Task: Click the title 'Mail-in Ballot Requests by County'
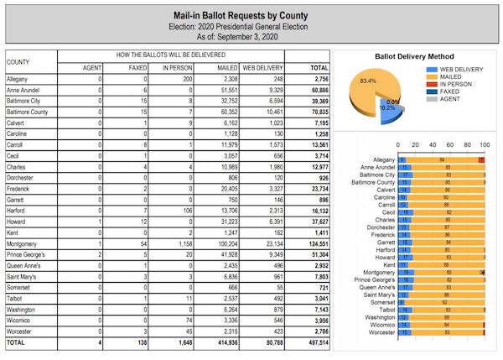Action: [251, 13]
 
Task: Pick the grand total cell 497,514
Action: [316, 342]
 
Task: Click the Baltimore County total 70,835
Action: [317, 110]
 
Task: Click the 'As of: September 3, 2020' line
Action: [251, 38]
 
